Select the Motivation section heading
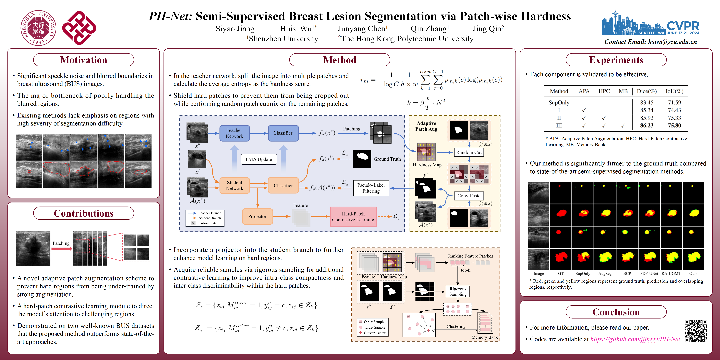tap(84, 60)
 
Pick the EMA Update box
tap(259, 159)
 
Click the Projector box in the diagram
tap(257, 216)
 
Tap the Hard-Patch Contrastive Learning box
tap(353, 217)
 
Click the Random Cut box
tap(469, 152)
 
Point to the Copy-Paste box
tap(469, 196)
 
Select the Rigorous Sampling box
tap(457, 291)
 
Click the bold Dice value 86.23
tap(647, 125)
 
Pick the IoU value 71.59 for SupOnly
tap(674, 102)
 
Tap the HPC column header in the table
tap(604, 91)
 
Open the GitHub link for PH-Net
tap(635, 339)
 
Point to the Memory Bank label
tap(484, 337)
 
